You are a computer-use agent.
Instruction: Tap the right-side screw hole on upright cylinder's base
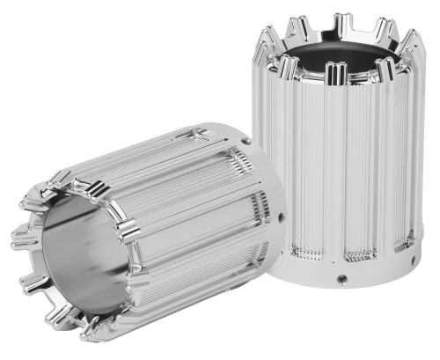tap(409, 246)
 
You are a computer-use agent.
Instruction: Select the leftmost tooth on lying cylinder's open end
tap(19, 238)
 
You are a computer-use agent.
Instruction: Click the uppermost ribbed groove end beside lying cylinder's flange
tap(197, 135)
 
